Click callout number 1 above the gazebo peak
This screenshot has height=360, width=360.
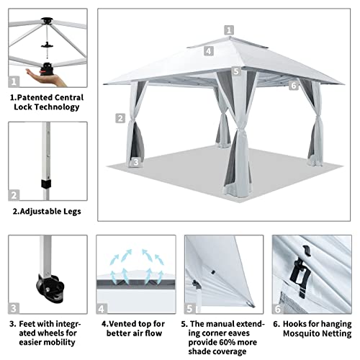click(229, 30)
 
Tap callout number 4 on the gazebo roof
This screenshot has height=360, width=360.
click(209, 51)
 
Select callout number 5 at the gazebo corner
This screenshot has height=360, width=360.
click(236, 71)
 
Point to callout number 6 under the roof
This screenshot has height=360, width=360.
click(294, 86)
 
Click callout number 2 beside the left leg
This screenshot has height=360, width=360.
click(120, 118)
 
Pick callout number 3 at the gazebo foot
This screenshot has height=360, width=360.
click(136, 162)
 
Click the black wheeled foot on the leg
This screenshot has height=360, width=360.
click(50, 288)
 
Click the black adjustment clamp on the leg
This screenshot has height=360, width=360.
click(46, 183)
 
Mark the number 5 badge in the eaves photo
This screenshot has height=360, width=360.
click(189, 308)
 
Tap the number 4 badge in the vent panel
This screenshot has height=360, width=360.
click(102, 309)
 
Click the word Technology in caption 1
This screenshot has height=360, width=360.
click(57, 107)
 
